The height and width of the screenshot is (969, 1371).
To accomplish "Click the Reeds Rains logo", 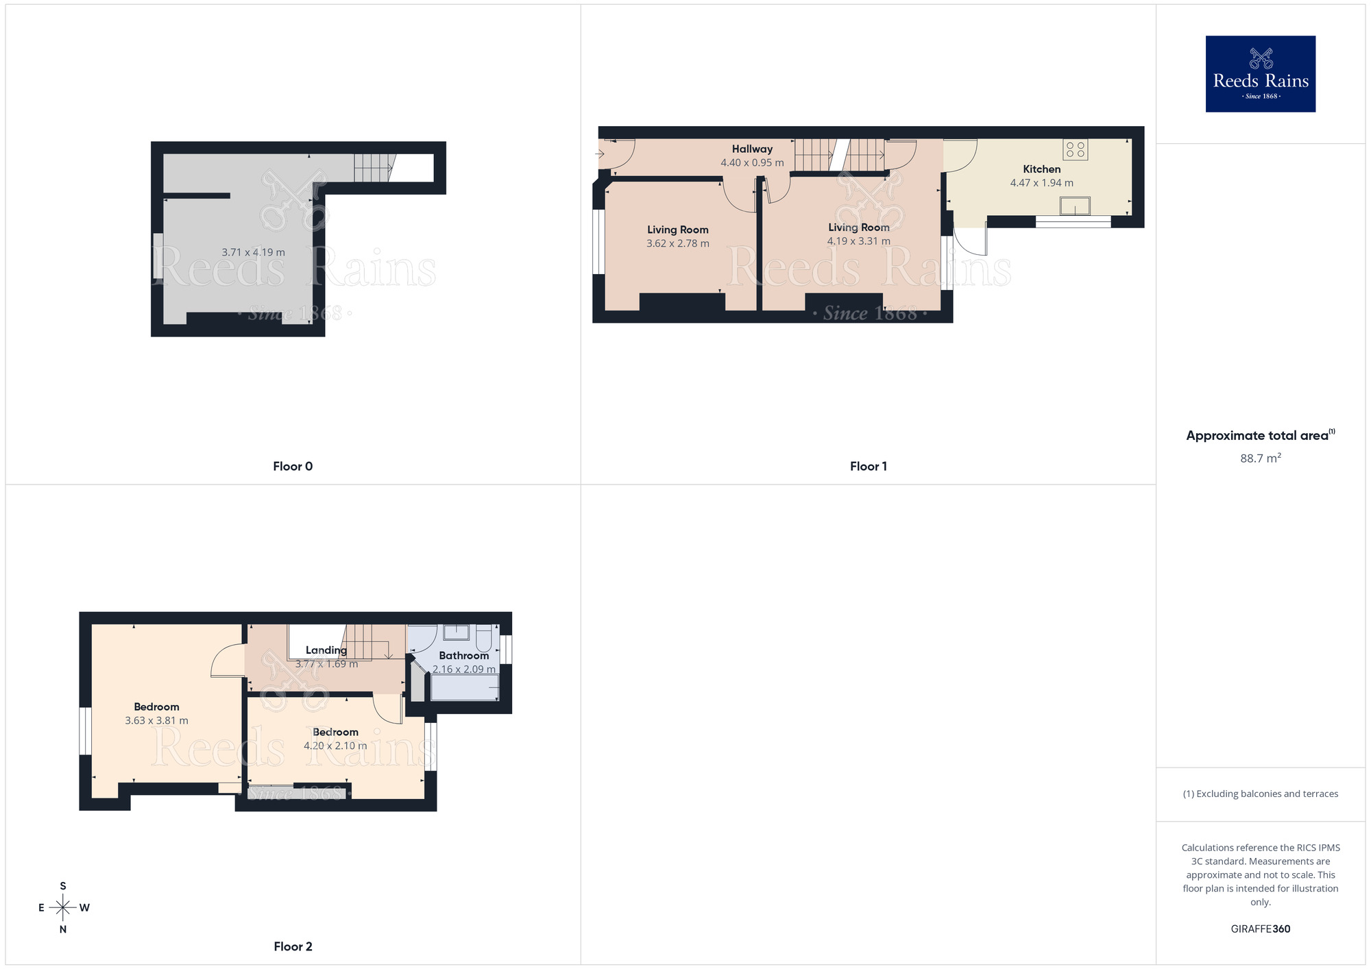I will point(1260,74).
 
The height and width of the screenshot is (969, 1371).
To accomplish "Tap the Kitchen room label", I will point(1041,169).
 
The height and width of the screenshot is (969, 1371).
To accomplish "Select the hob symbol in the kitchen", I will point(1075,149).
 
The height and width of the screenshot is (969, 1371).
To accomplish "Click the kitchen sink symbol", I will point(1074,206).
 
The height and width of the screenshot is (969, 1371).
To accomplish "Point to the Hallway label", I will point(752,149).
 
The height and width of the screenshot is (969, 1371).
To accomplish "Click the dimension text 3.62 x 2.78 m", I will point(677,243).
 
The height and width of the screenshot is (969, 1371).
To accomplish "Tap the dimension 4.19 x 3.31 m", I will point(858,241).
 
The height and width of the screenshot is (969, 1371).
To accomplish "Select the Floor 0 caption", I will point(293,466).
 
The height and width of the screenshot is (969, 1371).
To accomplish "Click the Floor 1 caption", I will point(868,466).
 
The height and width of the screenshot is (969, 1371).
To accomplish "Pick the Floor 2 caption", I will point(293,946).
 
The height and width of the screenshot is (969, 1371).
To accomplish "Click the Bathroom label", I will point(463,656).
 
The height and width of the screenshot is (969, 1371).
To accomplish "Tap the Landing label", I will point(326,650).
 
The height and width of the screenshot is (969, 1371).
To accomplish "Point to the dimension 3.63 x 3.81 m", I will point(156,720).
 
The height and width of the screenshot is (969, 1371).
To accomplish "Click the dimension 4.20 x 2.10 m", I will point(335,746).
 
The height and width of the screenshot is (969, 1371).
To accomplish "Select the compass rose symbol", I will point(63,908).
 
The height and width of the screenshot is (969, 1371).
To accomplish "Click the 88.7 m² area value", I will point(1260,458).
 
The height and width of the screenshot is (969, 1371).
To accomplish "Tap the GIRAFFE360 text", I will point(1260,929).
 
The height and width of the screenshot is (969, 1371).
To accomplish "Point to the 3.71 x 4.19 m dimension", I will point(253,252).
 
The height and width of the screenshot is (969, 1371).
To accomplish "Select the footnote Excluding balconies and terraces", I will point(1260,794).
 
